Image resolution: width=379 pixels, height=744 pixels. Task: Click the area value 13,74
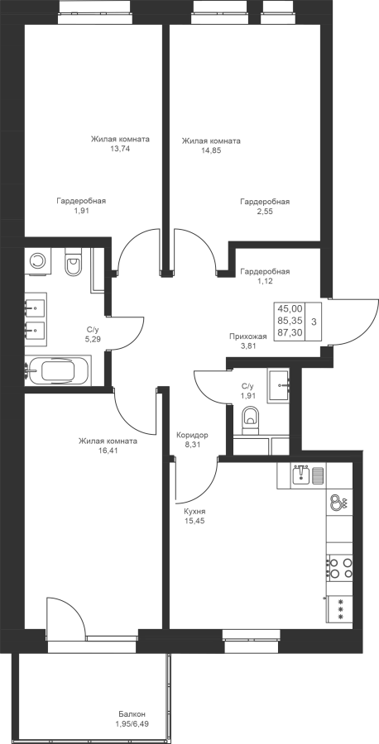click(119, 148)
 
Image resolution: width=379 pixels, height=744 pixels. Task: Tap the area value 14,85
click(211, 150)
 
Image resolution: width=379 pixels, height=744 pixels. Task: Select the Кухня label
click(194, 512)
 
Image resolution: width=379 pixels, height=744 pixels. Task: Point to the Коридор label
click(192, 435)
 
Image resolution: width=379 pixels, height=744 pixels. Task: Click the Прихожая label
click(248, 336)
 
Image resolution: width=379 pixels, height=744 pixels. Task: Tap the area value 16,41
click(108, 451)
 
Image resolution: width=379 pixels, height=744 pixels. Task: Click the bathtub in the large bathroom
click(58, 370)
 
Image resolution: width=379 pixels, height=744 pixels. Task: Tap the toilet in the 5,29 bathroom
click(73, 264)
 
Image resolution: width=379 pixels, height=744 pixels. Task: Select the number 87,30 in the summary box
click(290, 332)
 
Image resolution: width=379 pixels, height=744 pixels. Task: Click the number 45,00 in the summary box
click(290, 308)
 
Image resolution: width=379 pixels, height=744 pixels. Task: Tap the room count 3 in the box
click(314, 322)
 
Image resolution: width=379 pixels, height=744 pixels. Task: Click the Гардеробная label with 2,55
click(265, 207)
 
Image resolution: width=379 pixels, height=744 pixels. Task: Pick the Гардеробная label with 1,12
click(265, 276)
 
